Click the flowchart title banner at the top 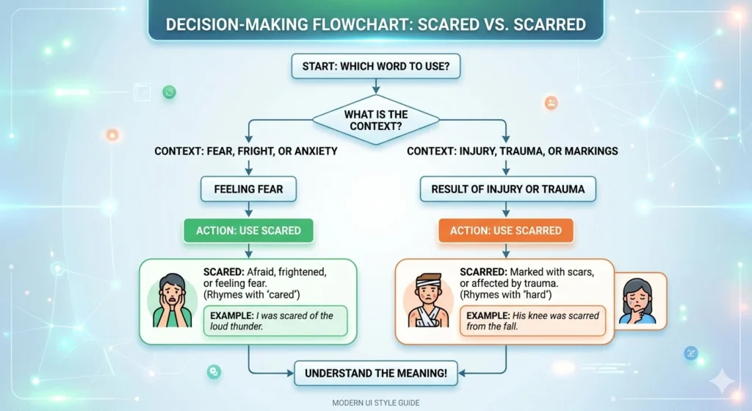tap(375, 24)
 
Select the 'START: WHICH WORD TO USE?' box tap(375, 67)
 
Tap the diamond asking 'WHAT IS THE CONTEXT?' tap(375, 121)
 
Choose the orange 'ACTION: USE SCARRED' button tap(506, 231)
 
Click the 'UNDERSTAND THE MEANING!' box tap(375, 373)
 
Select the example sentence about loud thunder tap(278, 321)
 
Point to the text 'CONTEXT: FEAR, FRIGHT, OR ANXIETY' tap(245, 151)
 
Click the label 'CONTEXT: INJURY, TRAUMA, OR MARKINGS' tap(513, 151)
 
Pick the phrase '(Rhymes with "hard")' tap(506, 295)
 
